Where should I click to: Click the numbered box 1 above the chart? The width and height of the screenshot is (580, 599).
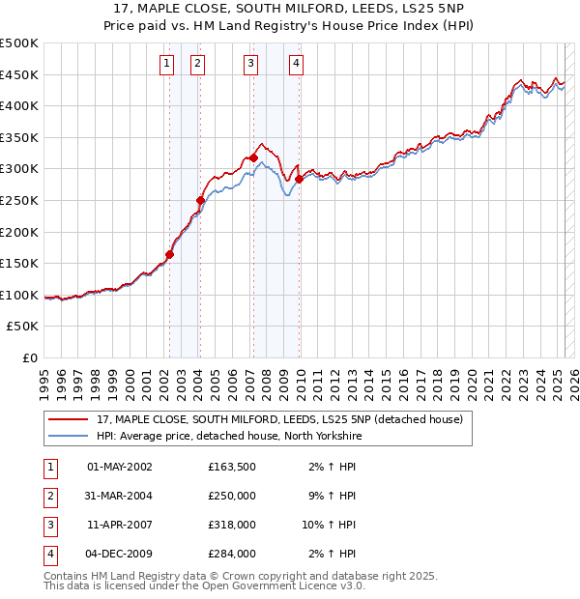[x=167, y=65]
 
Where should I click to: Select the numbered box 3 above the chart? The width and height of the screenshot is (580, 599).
[x=250, y=65]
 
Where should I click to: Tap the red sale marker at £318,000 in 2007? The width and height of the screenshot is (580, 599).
[x=253, y=157]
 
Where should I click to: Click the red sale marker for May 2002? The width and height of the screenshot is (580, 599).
[x=169, y=255]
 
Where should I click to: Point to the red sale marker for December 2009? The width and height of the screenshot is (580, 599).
[x=299, y=179]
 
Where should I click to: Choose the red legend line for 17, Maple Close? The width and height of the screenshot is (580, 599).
[x=68, y=419]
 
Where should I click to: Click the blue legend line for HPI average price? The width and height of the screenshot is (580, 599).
[x=68, y=436]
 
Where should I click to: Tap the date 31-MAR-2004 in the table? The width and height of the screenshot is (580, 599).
[x=120, y=496]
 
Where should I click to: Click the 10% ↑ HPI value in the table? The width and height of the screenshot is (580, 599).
[x=330, y=525]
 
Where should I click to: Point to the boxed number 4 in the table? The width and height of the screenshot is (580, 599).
[x=49, y=555]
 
